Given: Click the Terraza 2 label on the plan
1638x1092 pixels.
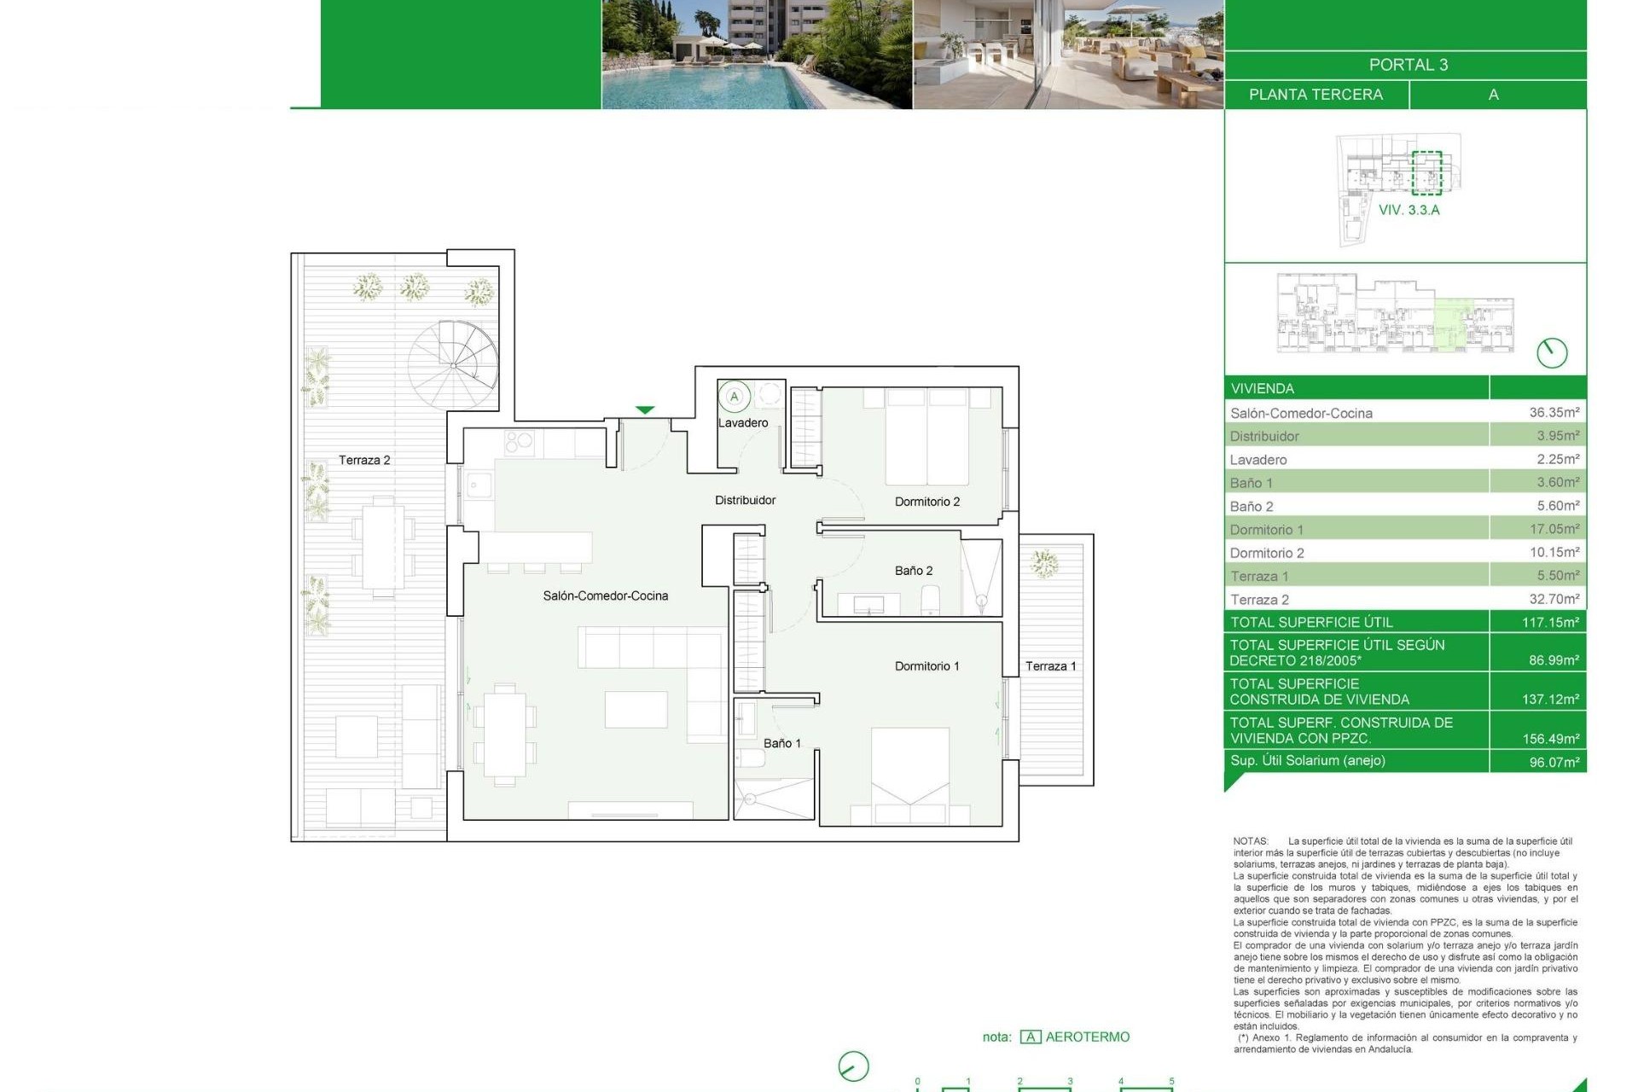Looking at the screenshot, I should pyautogui.click(x=364, y=460).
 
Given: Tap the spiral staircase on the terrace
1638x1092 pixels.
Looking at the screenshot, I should pyautogui.click(x=452, y=365).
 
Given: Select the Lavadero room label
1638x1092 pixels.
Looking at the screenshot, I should pyautogui.click(x=742, y=423).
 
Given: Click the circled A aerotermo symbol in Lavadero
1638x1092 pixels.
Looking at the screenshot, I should pyautogui.click(x=734, y=397).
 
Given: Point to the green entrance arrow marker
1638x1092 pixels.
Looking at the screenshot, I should pyautogui.click(x=645, y=410).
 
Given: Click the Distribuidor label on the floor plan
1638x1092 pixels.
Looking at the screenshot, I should pyautogui.click(x=745, y=501).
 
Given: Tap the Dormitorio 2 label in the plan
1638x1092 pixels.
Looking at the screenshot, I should pyautogui.click(x=926, y=502).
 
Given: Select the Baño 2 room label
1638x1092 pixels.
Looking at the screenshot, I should pyautogui.click(x=913, y=571).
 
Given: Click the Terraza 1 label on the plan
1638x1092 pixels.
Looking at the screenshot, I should pyautogui.click(x=1050, y=666).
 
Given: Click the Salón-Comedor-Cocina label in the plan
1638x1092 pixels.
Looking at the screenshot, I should pyautogui.click(x=605, y=595).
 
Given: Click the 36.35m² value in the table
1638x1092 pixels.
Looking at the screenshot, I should pyautogui.click(x=1554, y=412).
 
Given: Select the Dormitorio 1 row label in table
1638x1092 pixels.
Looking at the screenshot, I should pyautogui.click(x=1266, y=530).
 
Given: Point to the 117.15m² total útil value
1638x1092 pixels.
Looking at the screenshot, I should pyautogui.click(x=1550, y=622).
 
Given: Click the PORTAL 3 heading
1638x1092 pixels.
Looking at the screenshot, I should pyautogui.click(x=1408, y=65).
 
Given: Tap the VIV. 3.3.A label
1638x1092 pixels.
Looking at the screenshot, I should pyautogui.click(x=1409, y=210).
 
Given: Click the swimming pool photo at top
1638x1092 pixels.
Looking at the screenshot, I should pyautogui.click(x=756, y=55).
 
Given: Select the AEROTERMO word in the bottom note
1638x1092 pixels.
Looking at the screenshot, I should pyautogui.click(x=1087, y=1037).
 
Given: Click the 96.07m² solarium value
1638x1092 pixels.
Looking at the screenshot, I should pyautogui.click(x=1554, y=762).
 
